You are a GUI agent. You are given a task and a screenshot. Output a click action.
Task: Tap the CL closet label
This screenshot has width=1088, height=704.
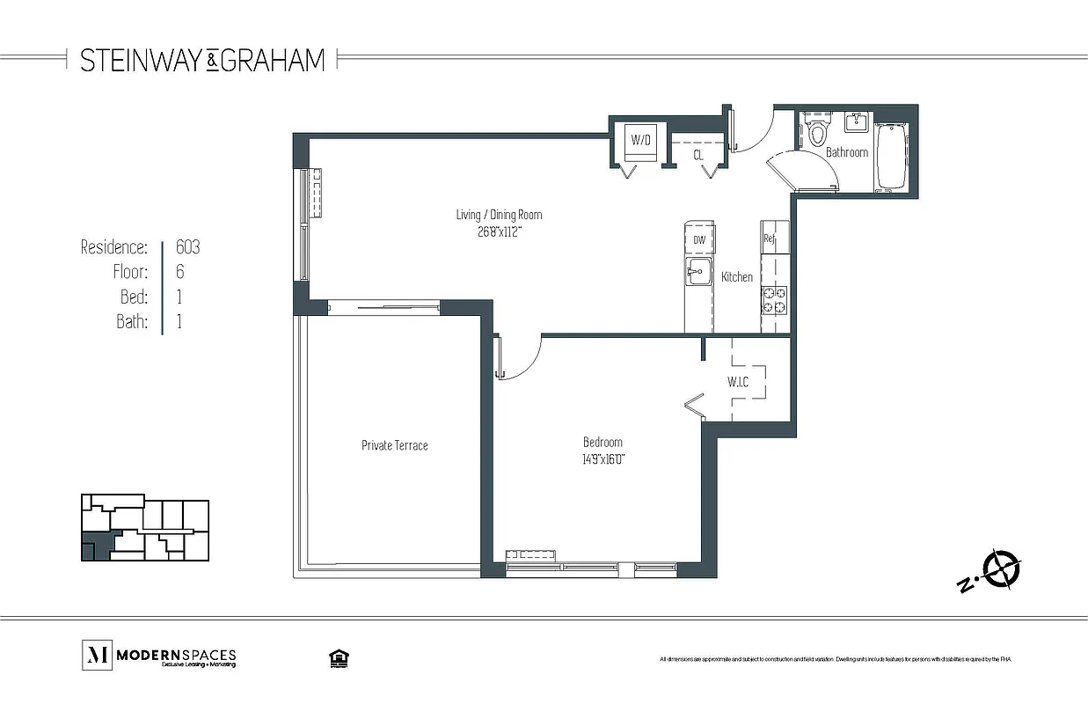point(698,155)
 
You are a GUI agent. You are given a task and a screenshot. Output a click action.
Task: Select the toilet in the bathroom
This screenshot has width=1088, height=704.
point(818,133)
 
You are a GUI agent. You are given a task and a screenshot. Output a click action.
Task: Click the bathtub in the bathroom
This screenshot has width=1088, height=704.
point(891,156)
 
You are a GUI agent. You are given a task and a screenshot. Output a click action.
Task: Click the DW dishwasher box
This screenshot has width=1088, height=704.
point(699,239)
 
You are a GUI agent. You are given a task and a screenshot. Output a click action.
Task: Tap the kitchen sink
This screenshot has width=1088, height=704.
point(697,272)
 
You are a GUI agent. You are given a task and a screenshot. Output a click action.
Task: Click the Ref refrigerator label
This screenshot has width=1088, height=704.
point(768,238)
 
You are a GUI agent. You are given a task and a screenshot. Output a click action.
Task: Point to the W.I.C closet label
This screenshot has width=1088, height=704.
point(737,382)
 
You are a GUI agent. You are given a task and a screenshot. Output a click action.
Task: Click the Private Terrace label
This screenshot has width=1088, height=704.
point(395,445)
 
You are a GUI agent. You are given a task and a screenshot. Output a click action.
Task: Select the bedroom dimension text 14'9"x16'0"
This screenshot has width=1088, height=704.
point(603,459)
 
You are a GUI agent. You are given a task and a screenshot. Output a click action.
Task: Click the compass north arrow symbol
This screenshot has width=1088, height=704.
point(1000,568)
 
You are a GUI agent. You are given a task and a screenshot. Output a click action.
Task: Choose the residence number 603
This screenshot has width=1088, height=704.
point(187,247)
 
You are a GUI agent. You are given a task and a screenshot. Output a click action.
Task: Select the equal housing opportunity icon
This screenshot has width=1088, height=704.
point(335,657)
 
